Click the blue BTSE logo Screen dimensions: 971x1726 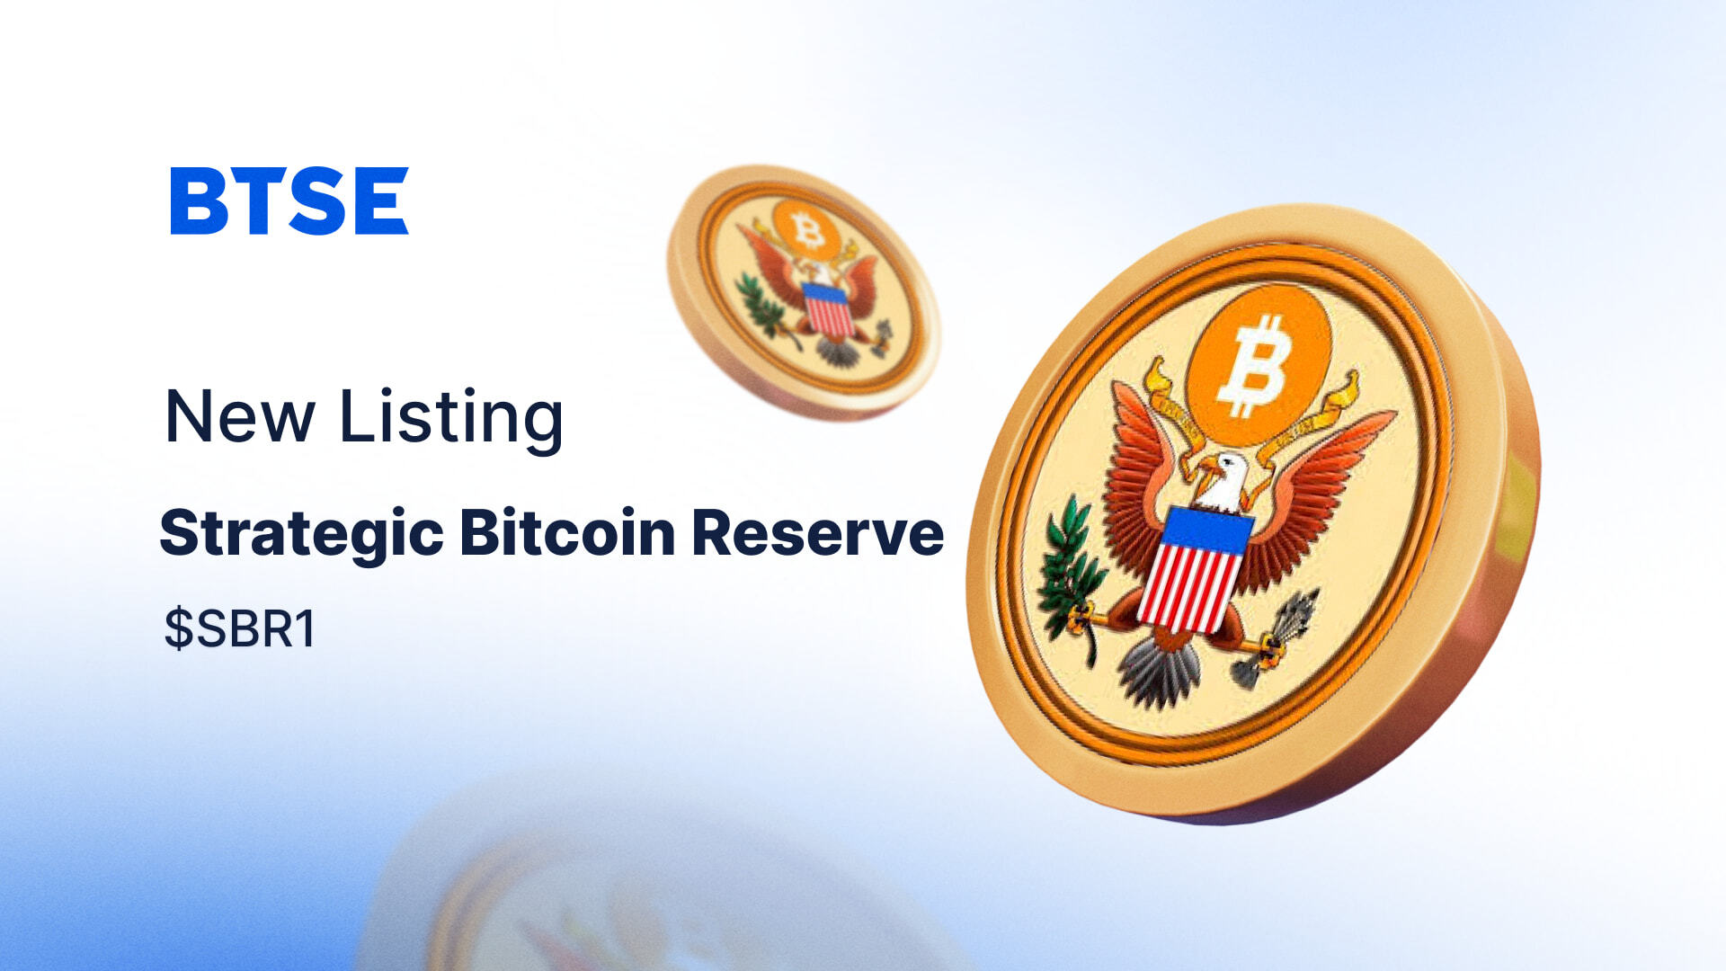pyautogui.click(x=289, y=200)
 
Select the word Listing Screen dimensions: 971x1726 pyautogui.click(x=450, y=419)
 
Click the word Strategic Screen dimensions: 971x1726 pyautogui.click(x=301, y=534)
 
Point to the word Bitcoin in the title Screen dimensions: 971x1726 pyautogui.click(x=567, y=532)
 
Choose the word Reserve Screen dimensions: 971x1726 pyautogui.click(x=818, y=532)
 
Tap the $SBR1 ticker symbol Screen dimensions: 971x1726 pyautogui.click(x=240, y=628)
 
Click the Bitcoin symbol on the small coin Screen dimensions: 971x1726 pyautogui.click(x=807, y=230)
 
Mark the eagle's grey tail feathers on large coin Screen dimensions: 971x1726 pyautogui.click(x=1160, y=670)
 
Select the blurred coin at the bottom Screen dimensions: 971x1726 pyautogui.click(x=629, y=890)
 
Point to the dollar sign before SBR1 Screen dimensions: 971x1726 pyautogui.click(x=178, y=628)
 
